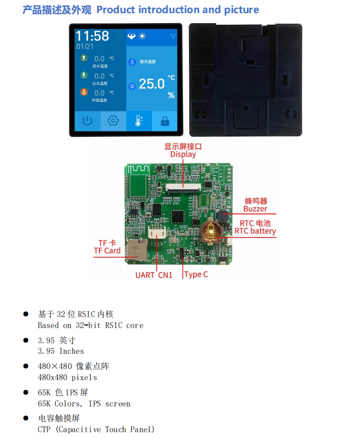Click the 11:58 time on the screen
(92, 36)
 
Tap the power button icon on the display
(87, 121)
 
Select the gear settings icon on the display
(113, 121)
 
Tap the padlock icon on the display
(164, 121)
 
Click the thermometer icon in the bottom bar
(139, 121)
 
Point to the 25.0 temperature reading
(151, 84)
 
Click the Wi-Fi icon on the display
(173, 36)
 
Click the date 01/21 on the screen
(85, 46)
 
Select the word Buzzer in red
(255, 209)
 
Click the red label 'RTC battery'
(255, 231)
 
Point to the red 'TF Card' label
(107, 251)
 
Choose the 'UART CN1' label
(154, 274)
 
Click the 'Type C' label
(196, 274)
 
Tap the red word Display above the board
(183, 154)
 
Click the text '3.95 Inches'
(61, 351)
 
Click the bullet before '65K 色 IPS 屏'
(25, 392)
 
